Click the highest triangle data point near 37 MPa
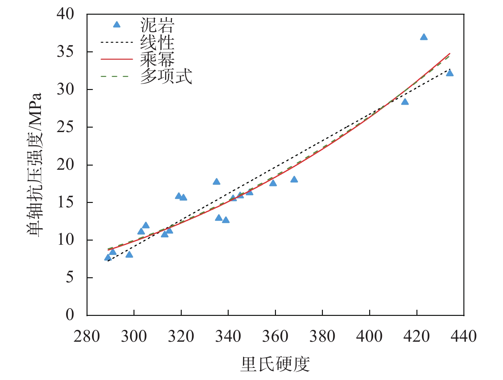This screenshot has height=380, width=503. click(424, 37)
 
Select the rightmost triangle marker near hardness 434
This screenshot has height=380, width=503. click(450, 73)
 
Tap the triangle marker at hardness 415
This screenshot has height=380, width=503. click(405, 102)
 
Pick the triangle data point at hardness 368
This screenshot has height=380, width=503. click(294, 179)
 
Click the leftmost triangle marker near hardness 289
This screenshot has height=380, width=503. click(108, 257)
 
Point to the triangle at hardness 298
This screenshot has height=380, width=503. click(129, 254)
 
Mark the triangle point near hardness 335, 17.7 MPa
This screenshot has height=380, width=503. click(217, 182)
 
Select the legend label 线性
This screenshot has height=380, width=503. click(157, 42)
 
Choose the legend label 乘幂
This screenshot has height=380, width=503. click(157, 59)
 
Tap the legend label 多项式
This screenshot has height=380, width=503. click(166, 77)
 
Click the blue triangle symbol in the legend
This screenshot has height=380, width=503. click(117, 25)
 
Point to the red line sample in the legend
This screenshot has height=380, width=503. click(117, 59)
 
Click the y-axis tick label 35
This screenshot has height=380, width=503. click(65, 52)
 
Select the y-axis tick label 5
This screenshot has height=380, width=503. click(70, 278)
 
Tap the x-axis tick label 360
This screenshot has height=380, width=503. click(275, 336)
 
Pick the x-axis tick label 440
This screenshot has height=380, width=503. click(463, 336)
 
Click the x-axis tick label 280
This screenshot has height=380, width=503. click(87, 336)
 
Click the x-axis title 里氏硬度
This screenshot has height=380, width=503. click(275, 364)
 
